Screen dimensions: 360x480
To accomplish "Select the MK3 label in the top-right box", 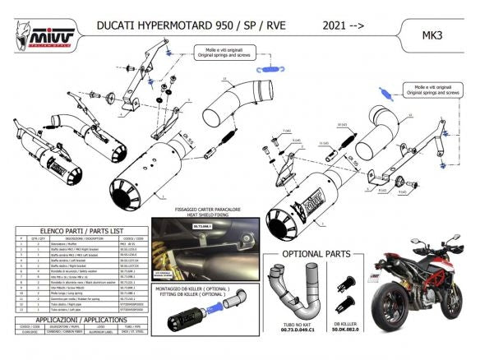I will pyautogui.click(x=434, y=37).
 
